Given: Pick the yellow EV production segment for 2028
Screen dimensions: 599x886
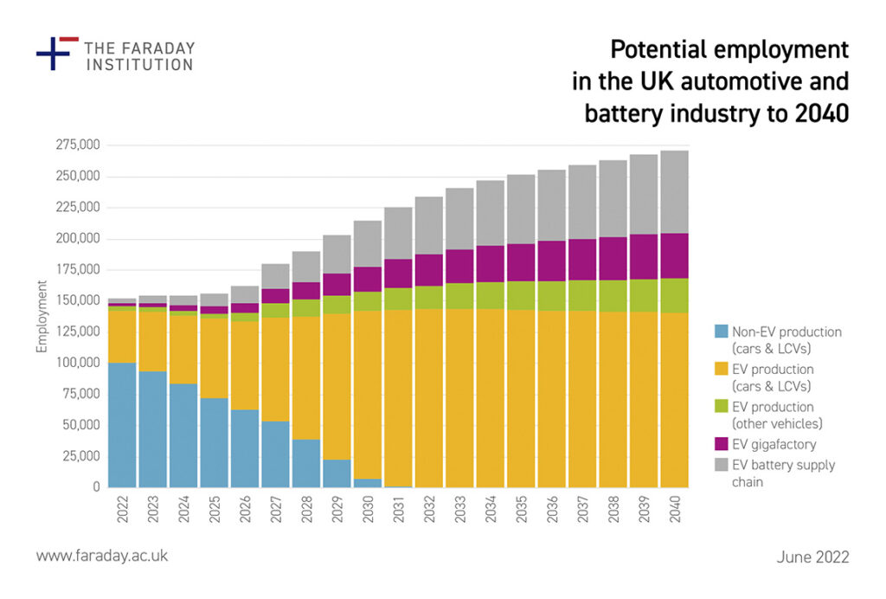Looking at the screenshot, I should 305,377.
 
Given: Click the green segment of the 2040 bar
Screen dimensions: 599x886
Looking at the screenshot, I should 674,295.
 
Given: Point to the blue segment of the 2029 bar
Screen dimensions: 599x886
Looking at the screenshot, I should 337,473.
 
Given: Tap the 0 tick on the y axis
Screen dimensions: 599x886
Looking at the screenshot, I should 97,487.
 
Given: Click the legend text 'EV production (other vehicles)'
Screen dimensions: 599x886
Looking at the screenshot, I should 774,415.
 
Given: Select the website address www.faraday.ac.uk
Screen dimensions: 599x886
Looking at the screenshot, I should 101,556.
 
